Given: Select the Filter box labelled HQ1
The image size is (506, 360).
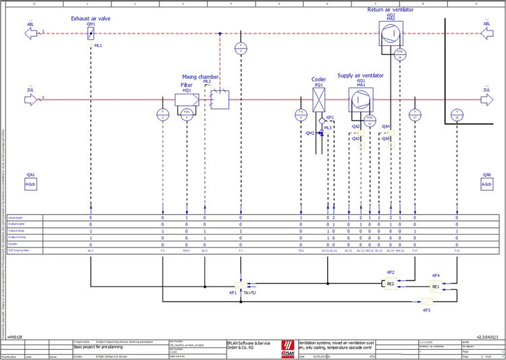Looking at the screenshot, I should (186, 100).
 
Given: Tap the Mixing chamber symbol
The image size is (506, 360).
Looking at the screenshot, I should (219, 100).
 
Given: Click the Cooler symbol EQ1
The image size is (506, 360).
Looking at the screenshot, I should (319, 100).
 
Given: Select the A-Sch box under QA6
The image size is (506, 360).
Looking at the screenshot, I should (486, 183).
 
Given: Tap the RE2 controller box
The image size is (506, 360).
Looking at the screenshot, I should (390, 284).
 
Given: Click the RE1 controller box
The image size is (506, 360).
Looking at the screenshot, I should (435, 287).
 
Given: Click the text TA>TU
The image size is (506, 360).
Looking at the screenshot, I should (250, 293).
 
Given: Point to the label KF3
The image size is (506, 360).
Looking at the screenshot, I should (426, 311).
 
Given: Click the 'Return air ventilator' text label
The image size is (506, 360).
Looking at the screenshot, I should (390, 10).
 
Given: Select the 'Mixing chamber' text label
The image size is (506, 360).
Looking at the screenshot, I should (200, 77).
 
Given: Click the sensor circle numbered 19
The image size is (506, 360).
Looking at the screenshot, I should (457, 113).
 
